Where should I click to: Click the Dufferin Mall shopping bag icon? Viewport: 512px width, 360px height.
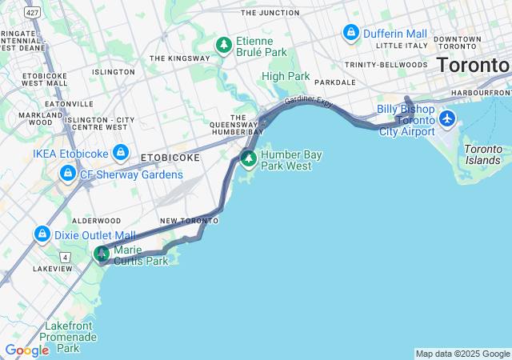350,33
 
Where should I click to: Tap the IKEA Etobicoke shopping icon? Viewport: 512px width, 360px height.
121,151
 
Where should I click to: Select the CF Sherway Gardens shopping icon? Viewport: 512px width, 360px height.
67,173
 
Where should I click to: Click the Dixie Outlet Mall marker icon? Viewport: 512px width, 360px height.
42,234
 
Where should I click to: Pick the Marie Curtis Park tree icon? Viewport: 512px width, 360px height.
102,254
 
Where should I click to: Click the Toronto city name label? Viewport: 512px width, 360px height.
473,65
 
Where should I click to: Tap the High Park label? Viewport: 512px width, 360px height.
285,76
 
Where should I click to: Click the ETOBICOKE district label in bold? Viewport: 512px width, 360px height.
170,158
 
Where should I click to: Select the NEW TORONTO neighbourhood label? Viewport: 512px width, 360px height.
189,220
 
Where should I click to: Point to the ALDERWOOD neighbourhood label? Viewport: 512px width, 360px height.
96,220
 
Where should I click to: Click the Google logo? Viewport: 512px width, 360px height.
26,350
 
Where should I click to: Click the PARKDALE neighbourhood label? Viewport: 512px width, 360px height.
335,82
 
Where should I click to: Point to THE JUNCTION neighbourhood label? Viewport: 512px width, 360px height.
270,13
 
